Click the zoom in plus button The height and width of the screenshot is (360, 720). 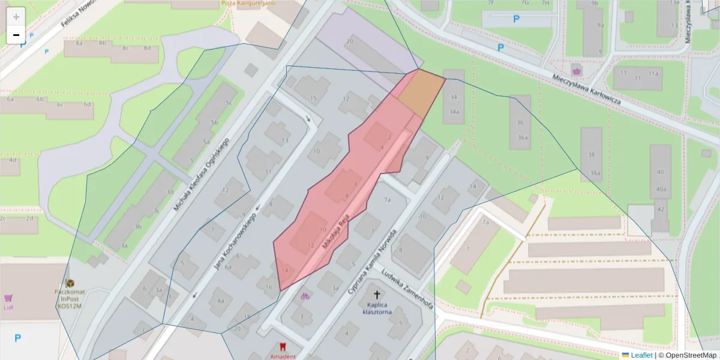pyautogui.click(x=16, y=17)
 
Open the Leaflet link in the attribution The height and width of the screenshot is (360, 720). pyautogui.click(x=641, y=355)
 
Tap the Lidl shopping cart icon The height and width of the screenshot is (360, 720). pyautogui.click(x=8, y=298)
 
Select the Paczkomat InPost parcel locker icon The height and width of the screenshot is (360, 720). pyautogui.click(x=70, y=283)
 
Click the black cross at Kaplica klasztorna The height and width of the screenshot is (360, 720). pyautogui.click(x=377, y=295)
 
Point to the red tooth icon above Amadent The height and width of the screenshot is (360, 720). pyautogui.click(x=283, y=347)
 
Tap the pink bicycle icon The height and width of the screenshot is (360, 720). pyautogui.click(x=305, y=295)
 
